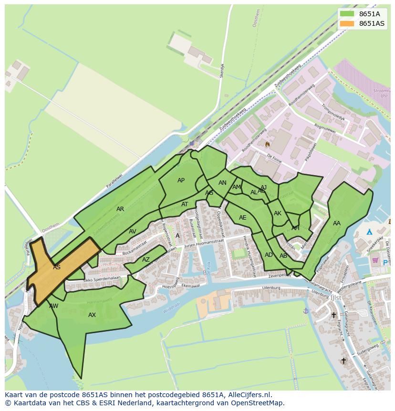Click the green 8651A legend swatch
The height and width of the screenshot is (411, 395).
(347, 14)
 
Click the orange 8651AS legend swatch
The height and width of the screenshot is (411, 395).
(347, 23)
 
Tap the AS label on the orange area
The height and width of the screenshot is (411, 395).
(57, 267)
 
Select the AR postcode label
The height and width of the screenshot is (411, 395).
(120, 209)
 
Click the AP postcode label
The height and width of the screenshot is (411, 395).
(181, 180)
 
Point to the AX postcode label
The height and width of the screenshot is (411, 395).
(92, 315)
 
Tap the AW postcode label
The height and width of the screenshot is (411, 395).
(53, 306)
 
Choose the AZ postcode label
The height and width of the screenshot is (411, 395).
(146, 260)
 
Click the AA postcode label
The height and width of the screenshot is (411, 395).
(337, 223)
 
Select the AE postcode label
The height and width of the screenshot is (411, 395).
(243, 218)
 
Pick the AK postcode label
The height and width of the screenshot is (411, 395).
(278, 213)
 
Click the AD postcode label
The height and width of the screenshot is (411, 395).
(269, 255)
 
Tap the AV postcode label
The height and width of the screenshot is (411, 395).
(133, 232)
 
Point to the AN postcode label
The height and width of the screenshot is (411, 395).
(222, 183)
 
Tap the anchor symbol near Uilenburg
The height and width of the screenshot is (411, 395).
(306, 310)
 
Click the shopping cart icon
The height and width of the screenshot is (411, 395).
(375, 260)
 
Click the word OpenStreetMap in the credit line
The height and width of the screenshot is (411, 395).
(257, 403)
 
